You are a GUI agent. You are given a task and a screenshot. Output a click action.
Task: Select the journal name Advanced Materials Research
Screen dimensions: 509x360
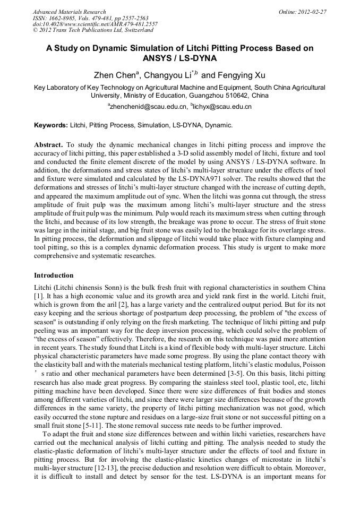(69, 12)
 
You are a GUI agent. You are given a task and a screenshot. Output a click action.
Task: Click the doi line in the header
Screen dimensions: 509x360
(95, 24)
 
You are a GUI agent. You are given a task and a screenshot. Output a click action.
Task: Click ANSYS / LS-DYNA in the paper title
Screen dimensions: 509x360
(180, 58)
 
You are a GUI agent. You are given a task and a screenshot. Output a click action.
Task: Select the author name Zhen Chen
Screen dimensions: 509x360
(112, 75)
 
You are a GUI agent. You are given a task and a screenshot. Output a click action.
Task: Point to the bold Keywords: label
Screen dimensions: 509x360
(51, 126)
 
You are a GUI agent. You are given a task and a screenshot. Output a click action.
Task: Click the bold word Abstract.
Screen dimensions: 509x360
(48, 144)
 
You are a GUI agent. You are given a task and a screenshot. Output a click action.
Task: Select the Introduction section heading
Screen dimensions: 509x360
(54, 275)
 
